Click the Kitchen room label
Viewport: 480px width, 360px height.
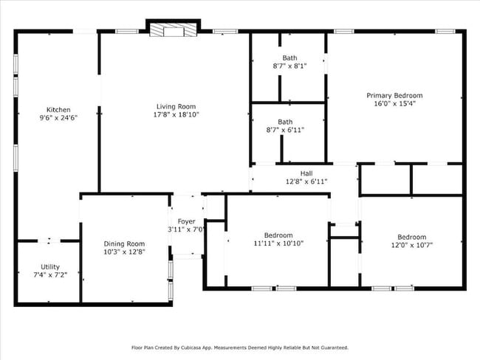[x=58, y=109]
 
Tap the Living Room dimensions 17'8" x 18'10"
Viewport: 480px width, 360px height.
[x=176, y=114]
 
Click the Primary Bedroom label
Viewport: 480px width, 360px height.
[x=394, y=95]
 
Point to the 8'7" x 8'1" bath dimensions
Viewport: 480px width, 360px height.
[x=289, y=66]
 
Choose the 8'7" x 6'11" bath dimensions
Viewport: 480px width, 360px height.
[x=285, y=130]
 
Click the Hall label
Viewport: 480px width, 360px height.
[x=306, y=173]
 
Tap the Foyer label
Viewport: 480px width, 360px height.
[x=186, y=221]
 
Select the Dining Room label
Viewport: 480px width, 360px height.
[x=124, y=243]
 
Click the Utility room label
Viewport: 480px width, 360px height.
[x=50, y=267]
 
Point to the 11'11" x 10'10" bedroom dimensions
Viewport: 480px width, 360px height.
[x=278, y=243]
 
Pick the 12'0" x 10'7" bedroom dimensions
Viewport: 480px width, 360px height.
[x=412, y=245]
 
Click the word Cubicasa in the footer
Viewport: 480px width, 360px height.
[x=190, y=347]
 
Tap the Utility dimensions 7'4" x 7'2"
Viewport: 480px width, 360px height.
[x=50, y=275]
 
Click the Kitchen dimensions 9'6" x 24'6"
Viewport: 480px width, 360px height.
[x=58, y=118]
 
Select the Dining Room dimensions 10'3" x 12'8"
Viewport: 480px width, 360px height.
[x=124, y=252]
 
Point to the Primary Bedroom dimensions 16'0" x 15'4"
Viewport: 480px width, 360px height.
[x=394, y=104]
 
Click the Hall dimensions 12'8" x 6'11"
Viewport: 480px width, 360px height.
[x=306, y=181]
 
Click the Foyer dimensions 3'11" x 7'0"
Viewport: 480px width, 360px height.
[x=186, y=229]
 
